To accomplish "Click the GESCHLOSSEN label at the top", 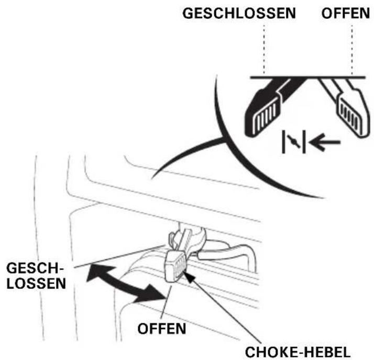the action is [x=239, y=13].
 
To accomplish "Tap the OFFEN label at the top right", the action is [x=346, y=13].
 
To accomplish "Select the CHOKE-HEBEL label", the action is [x=298, y=352].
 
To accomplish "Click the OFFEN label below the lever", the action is [x=162, y=329].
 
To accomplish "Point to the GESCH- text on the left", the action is [x=35, y=268].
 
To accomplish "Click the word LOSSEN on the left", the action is [x=36, y=283].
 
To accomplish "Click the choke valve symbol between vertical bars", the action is [x=294, y=141].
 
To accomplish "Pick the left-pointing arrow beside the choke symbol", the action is [x=325, y=143].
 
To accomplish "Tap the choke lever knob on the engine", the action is [x=175, y=266].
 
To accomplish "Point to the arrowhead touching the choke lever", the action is [x=189, y=277].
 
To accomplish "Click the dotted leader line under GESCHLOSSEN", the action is [x=264, y=49].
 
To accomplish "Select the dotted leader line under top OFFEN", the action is [x=352, y=49].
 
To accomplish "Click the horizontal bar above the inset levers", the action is [x=307, y=78].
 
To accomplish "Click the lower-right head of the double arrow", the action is [x=152, y=294].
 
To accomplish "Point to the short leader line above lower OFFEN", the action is [x=167, y=301].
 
